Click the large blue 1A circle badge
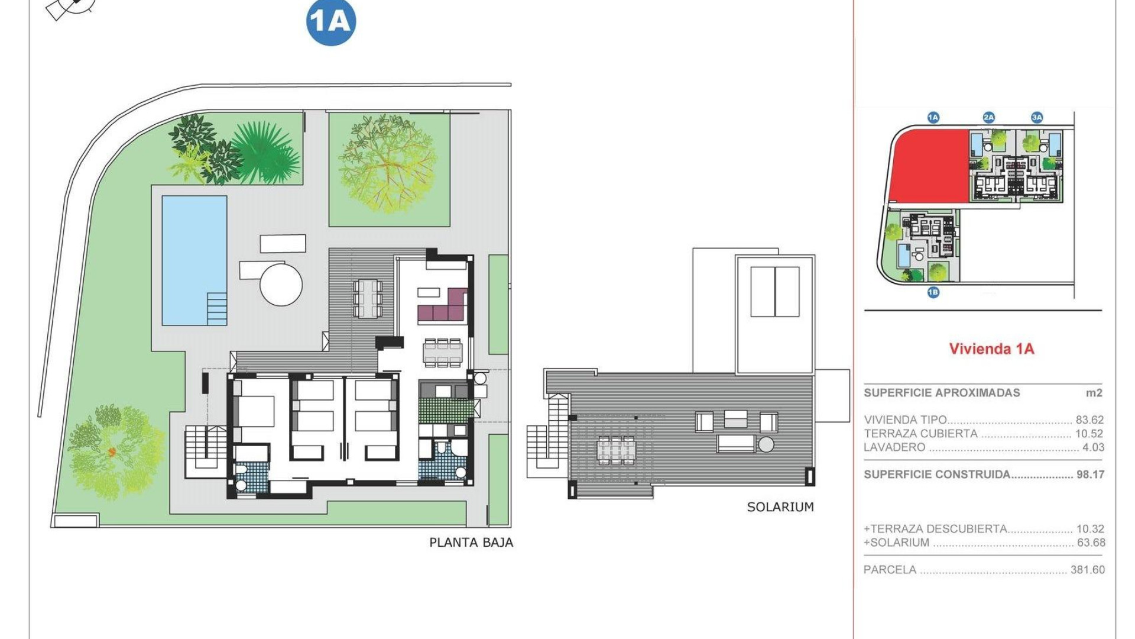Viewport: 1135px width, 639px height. [x=331, y=22]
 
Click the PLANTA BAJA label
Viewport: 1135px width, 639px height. [x=471, y=542]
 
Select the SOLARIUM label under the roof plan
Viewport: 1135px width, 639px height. [x=780, y=507]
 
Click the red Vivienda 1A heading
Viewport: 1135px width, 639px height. [x=991, y=349]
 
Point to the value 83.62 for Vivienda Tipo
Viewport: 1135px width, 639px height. [x=1089, y=420]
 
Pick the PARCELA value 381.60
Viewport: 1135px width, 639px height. [x=1087, y=570]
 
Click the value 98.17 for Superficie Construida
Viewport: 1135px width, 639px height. [x=1089, y=475]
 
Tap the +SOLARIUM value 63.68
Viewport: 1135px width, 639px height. [x=1091, y=543]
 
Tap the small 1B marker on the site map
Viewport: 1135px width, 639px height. [x=933, y=292]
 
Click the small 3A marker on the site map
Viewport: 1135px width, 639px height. [x=1037, y=117]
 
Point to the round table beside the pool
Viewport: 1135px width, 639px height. [x=281, y=285]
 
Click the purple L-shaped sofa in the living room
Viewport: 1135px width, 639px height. [x=443, y=308]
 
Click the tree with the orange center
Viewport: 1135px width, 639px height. [x=112, y=452]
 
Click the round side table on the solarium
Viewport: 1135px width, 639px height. [x=766, y=444]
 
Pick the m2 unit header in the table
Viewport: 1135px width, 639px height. [x=1094, y=393]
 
